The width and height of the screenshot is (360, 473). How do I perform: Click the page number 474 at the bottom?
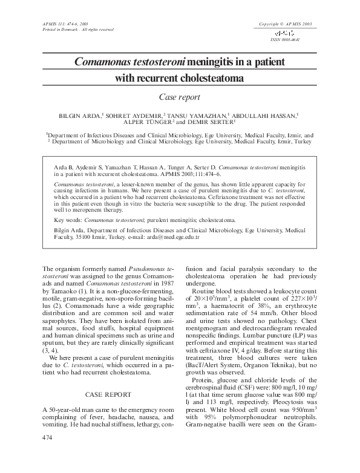point(48,452)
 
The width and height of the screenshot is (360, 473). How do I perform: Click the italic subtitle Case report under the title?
point(180,97)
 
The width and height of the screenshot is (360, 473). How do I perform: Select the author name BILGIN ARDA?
point(79,115)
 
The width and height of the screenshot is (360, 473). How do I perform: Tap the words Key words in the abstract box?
point(66,220)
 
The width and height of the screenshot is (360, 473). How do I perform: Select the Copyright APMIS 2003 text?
point(284,24)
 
